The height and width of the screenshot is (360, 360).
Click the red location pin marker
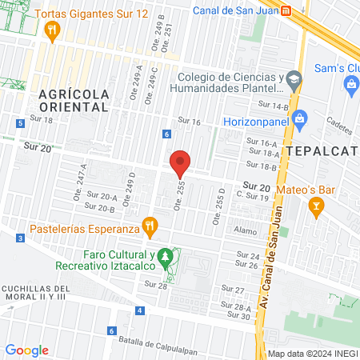click(x=181, y=164)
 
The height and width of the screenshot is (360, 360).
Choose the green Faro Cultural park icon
click(x=166, y=257)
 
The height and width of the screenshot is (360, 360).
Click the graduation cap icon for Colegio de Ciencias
click(x=295, y=78)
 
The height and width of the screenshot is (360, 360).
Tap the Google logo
click(x=26, y=350)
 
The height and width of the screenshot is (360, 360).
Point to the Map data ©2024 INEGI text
click(x=310, y=354)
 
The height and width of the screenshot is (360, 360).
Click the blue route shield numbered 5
click(x=20, y=122)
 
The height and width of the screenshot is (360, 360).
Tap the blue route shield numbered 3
click(x=20, y=238)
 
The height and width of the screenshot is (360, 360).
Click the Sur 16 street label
click(x=190, y=121)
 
